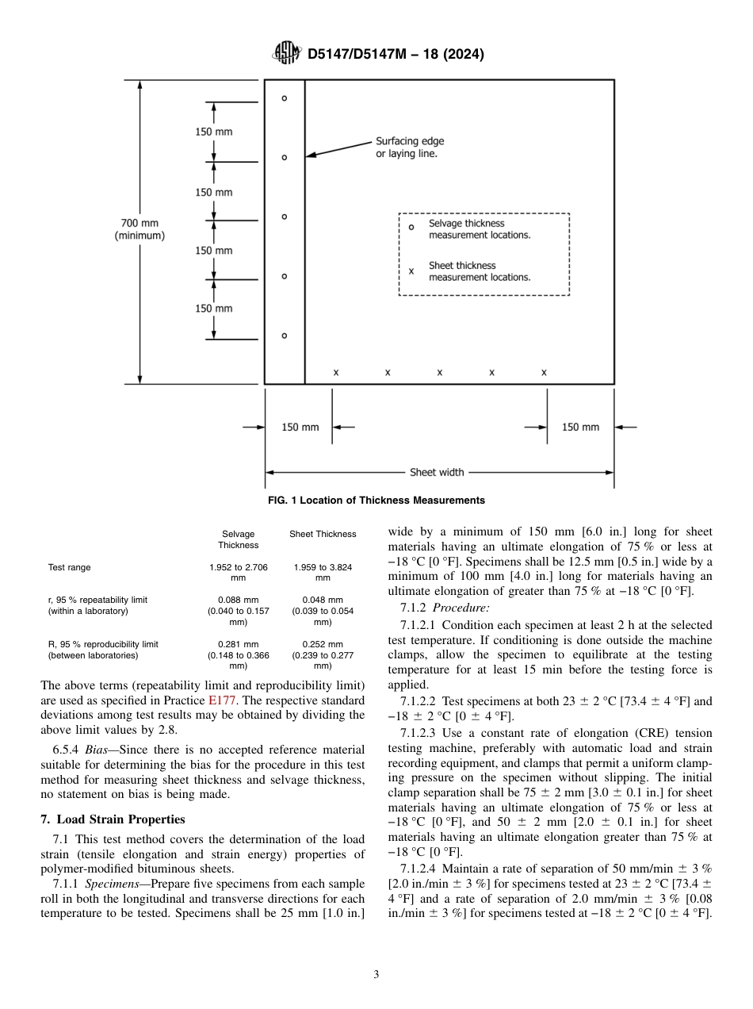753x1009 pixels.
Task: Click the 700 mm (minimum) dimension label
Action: [x=140, y=230]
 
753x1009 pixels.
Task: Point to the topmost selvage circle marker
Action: [x=285, y=98]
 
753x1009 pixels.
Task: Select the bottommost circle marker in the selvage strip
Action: [x=285, y=336]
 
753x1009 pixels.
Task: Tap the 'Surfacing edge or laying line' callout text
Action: [x=410, y=148]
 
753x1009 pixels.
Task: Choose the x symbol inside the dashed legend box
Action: [x=411, y=271]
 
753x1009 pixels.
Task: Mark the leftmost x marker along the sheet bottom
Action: [x=336, y=372]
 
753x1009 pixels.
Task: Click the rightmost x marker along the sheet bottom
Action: [x=544, y=372]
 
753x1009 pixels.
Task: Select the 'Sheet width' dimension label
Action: [x=437, y=473]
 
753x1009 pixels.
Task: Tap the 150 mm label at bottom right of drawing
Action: [x=580, y=428]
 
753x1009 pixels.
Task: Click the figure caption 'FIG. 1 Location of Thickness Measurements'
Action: [x=376, y=501]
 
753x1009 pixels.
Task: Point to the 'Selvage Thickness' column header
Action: [x=239, y=539]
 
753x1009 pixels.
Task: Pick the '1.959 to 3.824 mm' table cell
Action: [x=323, y=573]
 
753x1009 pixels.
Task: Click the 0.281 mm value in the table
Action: [x=239, y=644]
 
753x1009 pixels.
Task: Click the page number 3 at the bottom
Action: [x=376, y=974]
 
